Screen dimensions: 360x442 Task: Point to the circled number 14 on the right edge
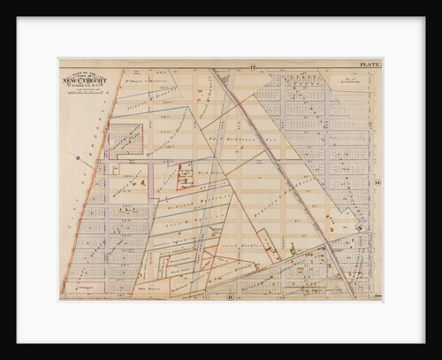[x=376, y=182]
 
